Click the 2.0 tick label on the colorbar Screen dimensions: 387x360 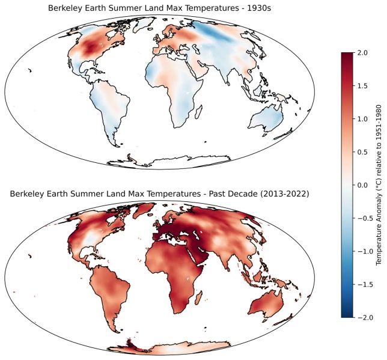(x=362, y=53)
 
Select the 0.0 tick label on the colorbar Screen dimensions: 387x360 (x=362, y=185)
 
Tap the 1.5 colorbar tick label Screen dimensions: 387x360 (x=362, y=86)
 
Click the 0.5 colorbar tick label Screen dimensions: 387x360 (x=362, y=152)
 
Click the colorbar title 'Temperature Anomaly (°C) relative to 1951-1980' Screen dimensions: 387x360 (x=379, y=185)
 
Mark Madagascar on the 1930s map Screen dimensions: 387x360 (x=199, y=111)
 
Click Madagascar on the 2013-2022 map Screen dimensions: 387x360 (x=199, y=297)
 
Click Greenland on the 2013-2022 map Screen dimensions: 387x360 (x=144, y=210)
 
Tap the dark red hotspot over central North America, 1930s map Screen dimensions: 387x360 (x=91, y=47)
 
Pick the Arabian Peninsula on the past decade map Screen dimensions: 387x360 (x=198, y=254)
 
